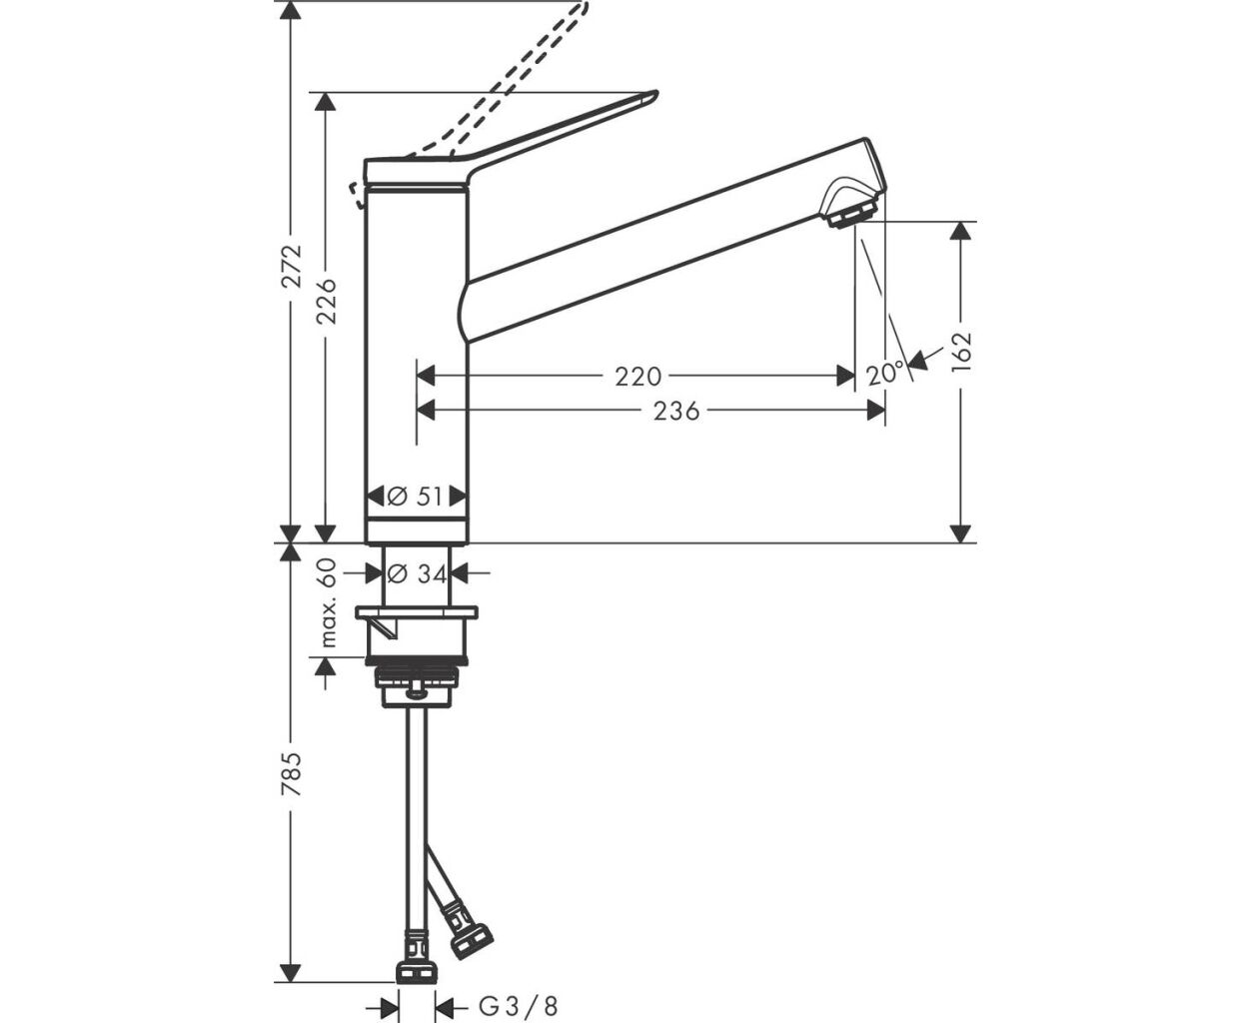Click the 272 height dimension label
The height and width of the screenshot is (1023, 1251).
(292, 265)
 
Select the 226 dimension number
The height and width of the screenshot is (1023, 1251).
(326, 301)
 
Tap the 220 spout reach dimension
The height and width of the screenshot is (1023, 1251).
(637, 376)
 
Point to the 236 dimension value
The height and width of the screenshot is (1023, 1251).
(676, 411)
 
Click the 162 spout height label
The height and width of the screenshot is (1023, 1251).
(961, 352)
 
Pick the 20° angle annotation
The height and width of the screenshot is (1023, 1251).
(885, 375)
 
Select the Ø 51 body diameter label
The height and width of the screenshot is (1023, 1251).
(416, 497)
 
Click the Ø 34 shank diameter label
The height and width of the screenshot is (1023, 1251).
(417, 573)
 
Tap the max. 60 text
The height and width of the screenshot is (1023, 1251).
(327, 602)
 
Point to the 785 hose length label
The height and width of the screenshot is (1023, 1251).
(292, 774)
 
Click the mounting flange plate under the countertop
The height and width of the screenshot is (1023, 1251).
(417, 612)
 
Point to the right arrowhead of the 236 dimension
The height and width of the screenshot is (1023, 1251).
(875, 411)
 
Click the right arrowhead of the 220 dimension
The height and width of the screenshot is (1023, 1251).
(845, 376)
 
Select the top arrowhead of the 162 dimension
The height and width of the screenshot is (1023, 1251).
(960, 232)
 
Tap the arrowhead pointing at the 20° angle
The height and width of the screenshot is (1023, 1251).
(917, 360)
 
